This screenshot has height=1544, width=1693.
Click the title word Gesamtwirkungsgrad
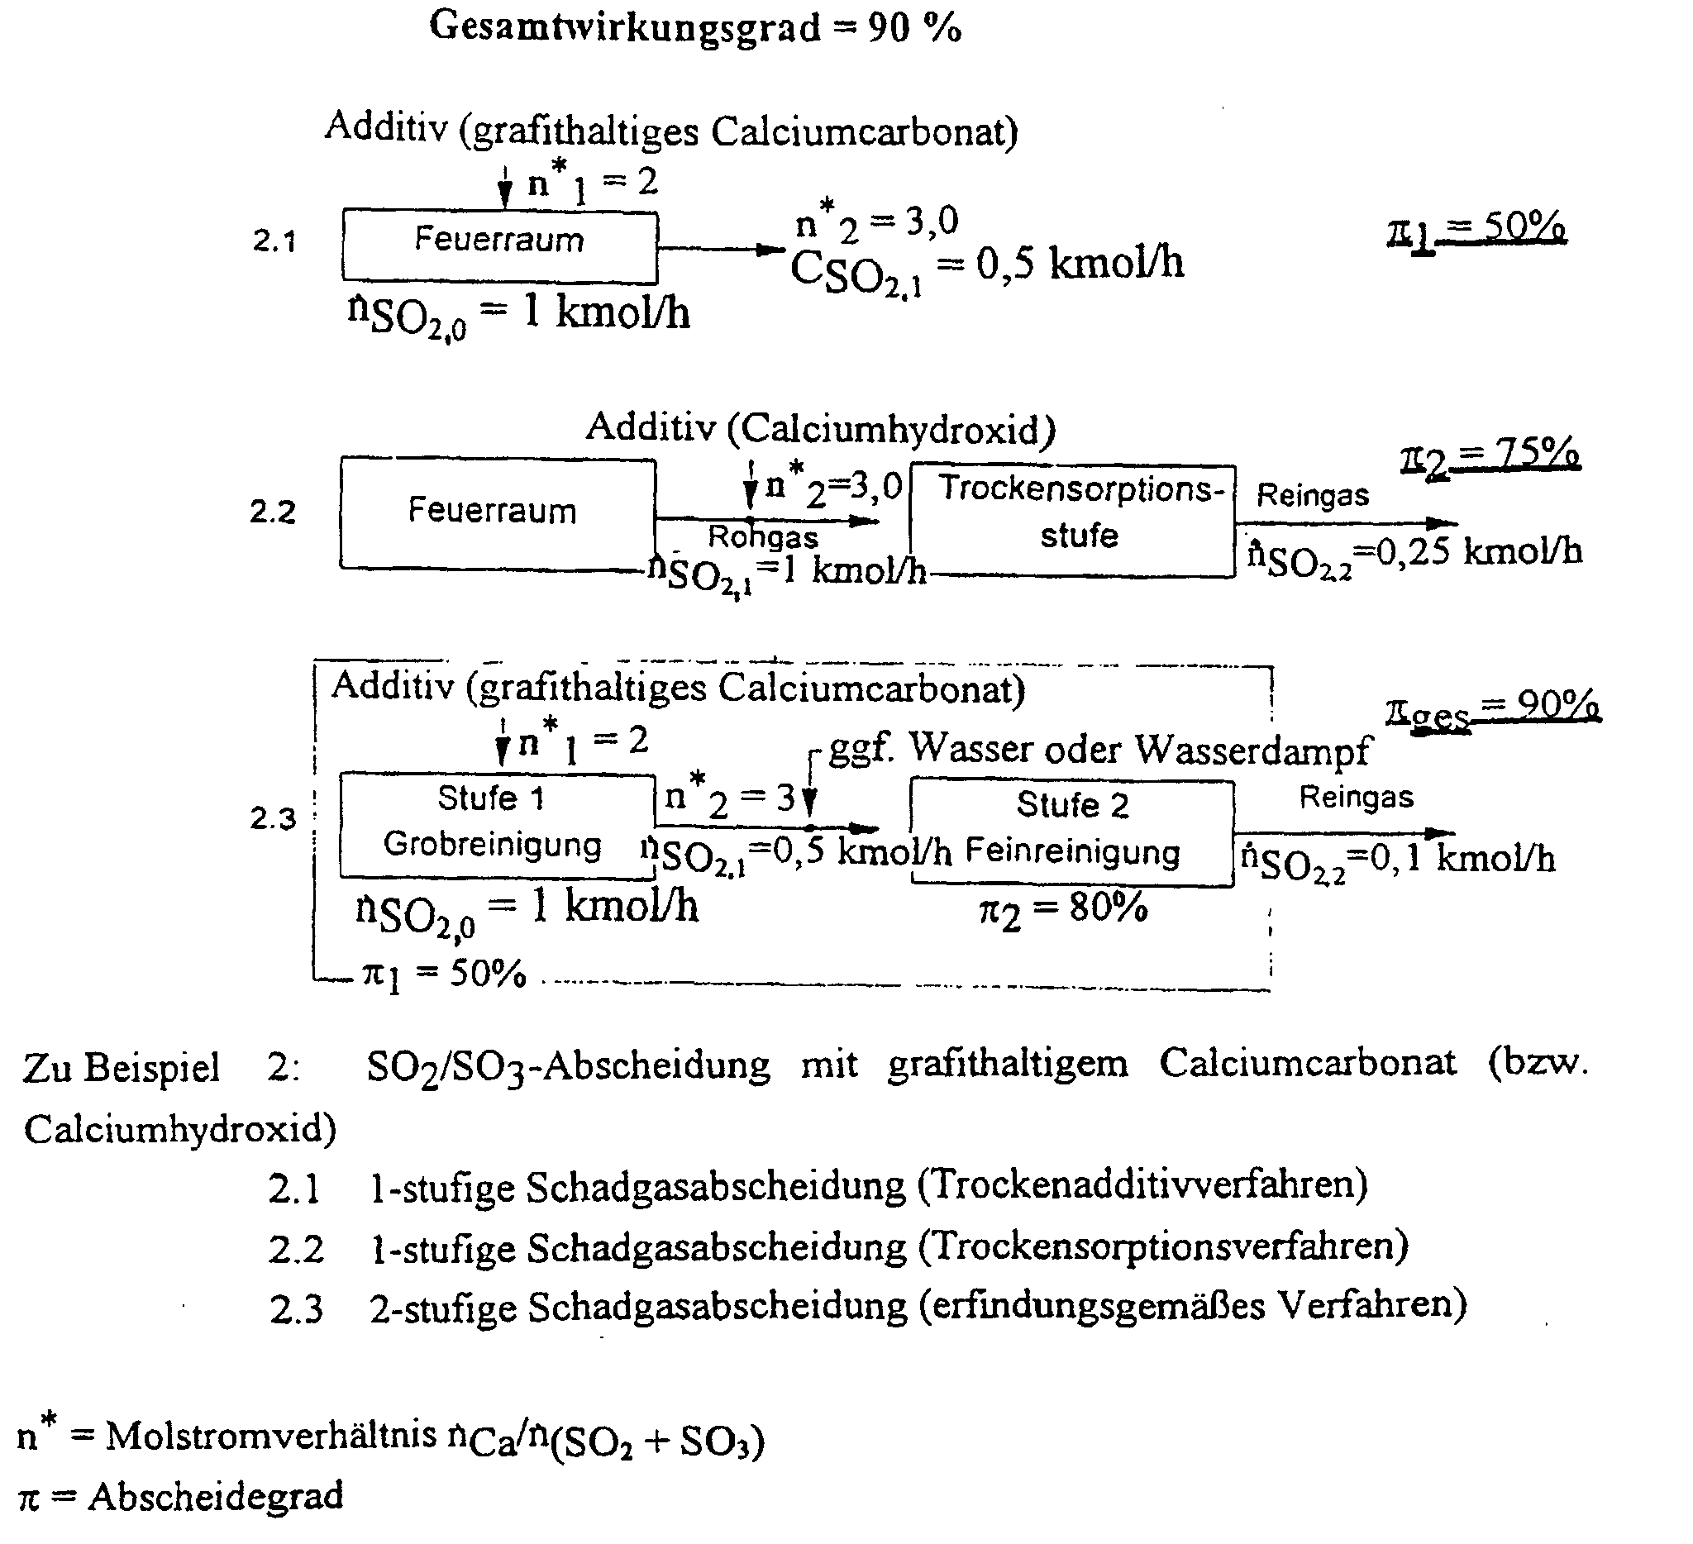625,28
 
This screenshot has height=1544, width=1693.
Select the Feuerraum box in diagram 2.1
499,245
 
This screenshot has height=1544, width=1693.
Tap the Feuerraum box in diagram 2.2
497,513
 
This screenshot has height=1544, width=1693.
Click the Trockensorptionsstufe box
1072,521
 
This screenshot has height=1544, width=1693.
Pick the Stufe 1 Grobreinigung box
496,827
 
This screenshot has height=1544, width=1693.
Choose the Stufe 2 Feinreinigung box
1072,832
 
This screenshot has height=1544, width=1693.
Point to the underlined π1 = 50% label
1476,227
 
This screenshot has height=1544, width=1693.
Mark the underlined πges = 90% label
1492,709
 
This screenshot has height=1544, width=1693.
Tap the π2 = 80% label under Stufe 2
1063,909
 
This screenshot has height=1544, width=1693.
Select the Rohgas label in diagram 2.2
762,536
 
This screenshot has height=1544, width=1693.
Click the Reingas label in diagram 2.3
1357,797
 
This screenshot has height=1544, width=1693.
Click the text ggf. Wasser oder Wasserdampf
1099,748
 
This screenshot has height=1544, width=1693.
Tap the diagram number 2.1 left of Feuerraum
274,241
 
